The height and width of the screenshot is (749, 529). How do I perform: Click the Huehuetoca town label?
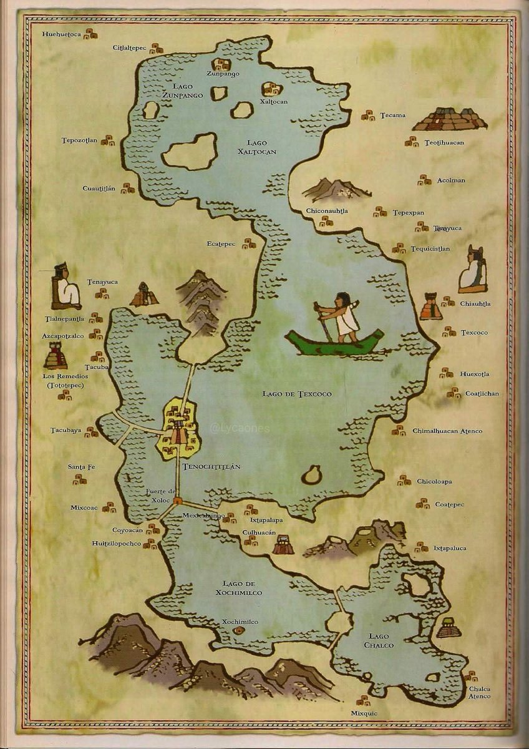(x=62, y=34)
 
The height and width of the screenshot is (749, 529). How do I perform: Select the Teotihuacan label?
(x=444, y=143)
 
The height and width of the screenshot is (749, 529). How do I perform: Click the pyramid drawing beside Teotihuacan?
(x=449, y=119)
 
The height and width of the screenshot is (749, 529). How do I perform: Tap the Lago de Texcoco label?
(x=296, y=394)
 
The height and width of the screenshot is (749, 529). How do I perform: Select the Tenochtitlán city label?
(x=203, y=467)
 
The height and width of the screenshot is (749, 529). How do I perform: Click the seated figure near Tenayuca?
(x=66, y=288)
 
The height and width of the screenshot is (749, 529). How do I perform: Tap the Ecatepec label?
(x=221, y=244)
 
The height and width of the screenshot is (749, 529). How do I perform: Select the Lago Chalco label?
(x=380, y=640)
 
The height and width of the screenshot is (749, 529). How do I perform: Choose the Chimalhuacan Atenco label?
(x=447, y=431)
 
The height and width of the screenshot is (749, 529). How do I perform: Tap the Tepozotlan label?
(x=80, y=140)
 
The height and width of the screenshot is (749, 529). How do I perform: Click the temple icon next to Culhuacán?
(x=283, y=545)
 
